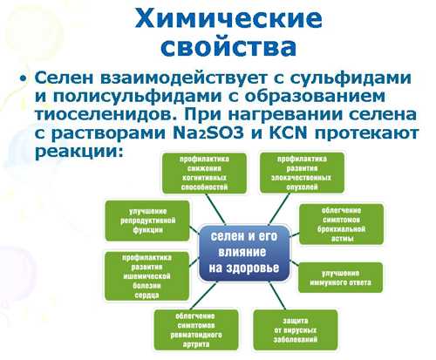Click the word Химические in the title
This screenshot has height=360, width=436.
[228, 18]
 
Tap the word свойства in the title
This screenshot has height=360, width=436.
[228, 47]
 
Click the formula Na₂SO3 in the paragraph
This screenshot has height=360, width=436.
[208, 133]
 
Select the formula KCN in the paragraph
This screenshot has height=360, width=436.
[288, 133]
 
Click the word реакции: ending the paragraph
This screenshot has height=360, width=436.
[78, 152]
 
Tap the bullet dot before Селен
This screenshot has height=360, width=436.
[24, 78]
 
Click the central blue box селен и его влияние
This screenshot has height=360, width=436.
[244, 253]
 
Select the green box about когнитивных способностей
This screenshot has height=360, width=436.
[204, 173]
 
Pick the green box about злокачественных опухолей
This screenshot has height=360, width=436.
[302, 173]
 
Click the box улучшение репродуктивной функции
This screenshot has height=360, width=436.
[147, 221]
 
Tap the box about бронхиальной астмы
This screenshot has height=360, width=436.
[341, 224]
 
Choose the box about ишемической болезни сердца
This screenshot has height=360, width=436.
[146, 276]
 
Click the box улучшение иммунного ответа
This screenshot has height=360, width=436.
[340, 277]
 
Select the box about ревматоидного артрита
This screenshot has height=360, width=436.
[196, 330]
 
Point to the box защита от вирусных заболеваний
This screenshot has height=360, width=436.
[296, 330]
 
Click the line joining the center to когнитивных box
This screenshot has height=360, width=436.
[216, 209]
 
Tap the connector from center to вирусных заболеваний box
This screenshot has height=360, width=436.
[277, 295]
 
